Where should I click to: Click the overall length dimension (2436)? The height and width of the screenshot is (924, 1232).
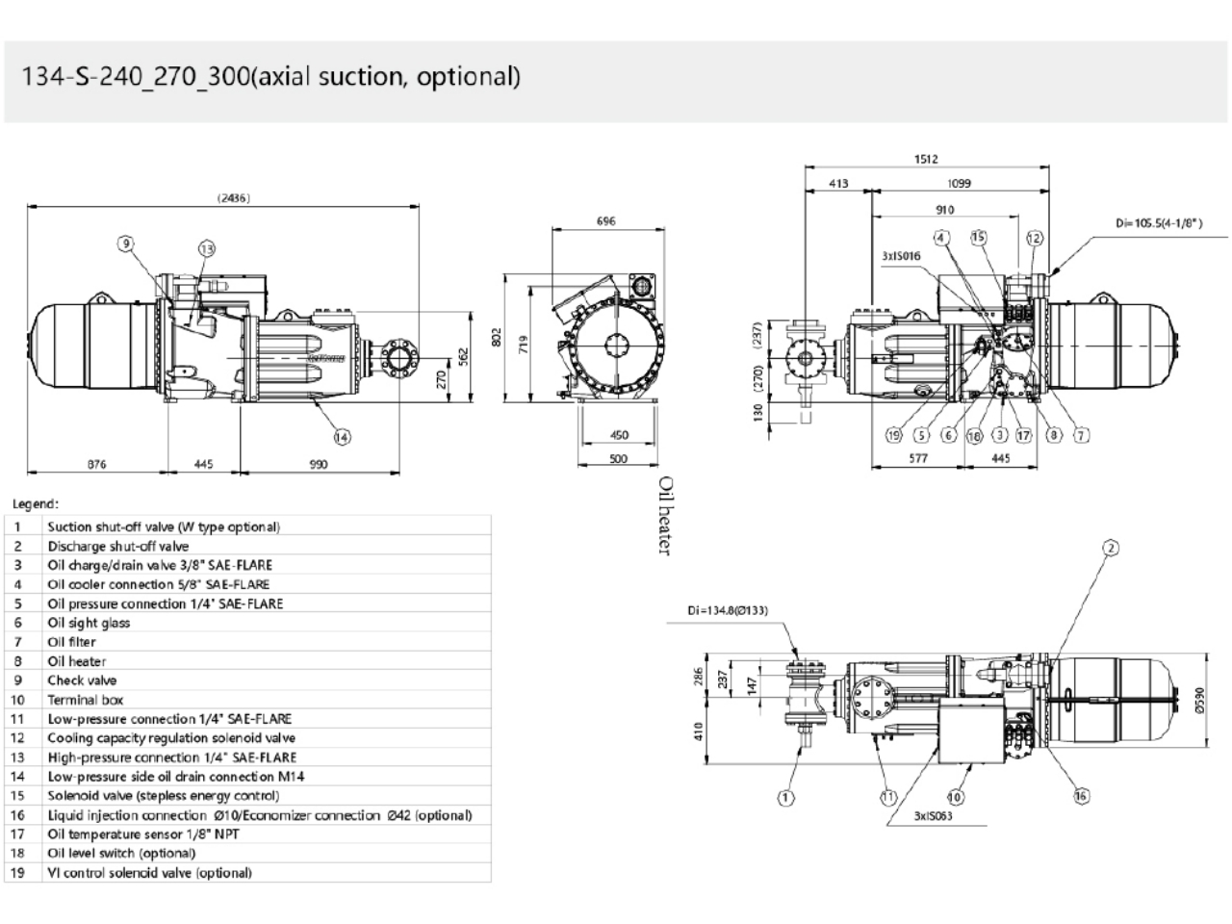tap(234, 198)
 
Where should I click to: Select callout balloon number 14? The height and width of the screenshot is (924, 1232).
tap(342, 436)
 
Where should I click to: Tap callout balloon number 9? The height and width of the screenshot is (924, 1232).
tap(126, 243)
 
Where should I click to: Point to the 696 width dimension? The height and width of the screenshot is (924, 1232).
tap(605, 221)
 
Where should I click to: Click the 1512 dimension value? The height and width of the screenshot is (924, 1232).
tap(926, 160)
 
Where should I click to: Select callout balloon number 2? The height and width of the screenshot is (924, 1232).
tap(1111, 548)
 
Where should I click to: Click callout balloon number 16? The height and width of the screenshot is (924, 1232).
tap(1082, 796)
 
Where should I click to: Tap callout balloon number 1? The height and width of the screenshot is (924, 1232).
tap(786, 797)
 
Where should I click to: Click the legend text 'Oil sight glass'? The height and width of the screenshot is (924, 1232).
tap(89, 623)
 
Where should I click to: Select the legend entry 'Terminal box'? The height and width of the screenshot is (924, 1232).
tap(86, 700)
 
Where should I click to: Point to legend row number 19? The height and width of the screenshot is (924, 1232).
tap(17, 873)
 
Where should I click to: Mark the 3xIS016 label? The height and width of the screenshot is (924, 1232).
tap(901, 256)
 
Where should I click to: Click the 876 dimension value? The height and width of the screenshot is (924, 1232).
tap(97, 465)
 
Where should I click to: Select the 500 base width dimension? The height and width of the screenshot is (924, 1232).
tap(619, 459)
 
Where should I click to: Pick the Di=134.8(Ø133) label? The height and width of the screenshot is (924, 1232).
tap(728, 610)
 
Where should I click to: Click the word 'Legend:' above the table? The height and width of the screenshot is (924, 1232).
tap(36, 503)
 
